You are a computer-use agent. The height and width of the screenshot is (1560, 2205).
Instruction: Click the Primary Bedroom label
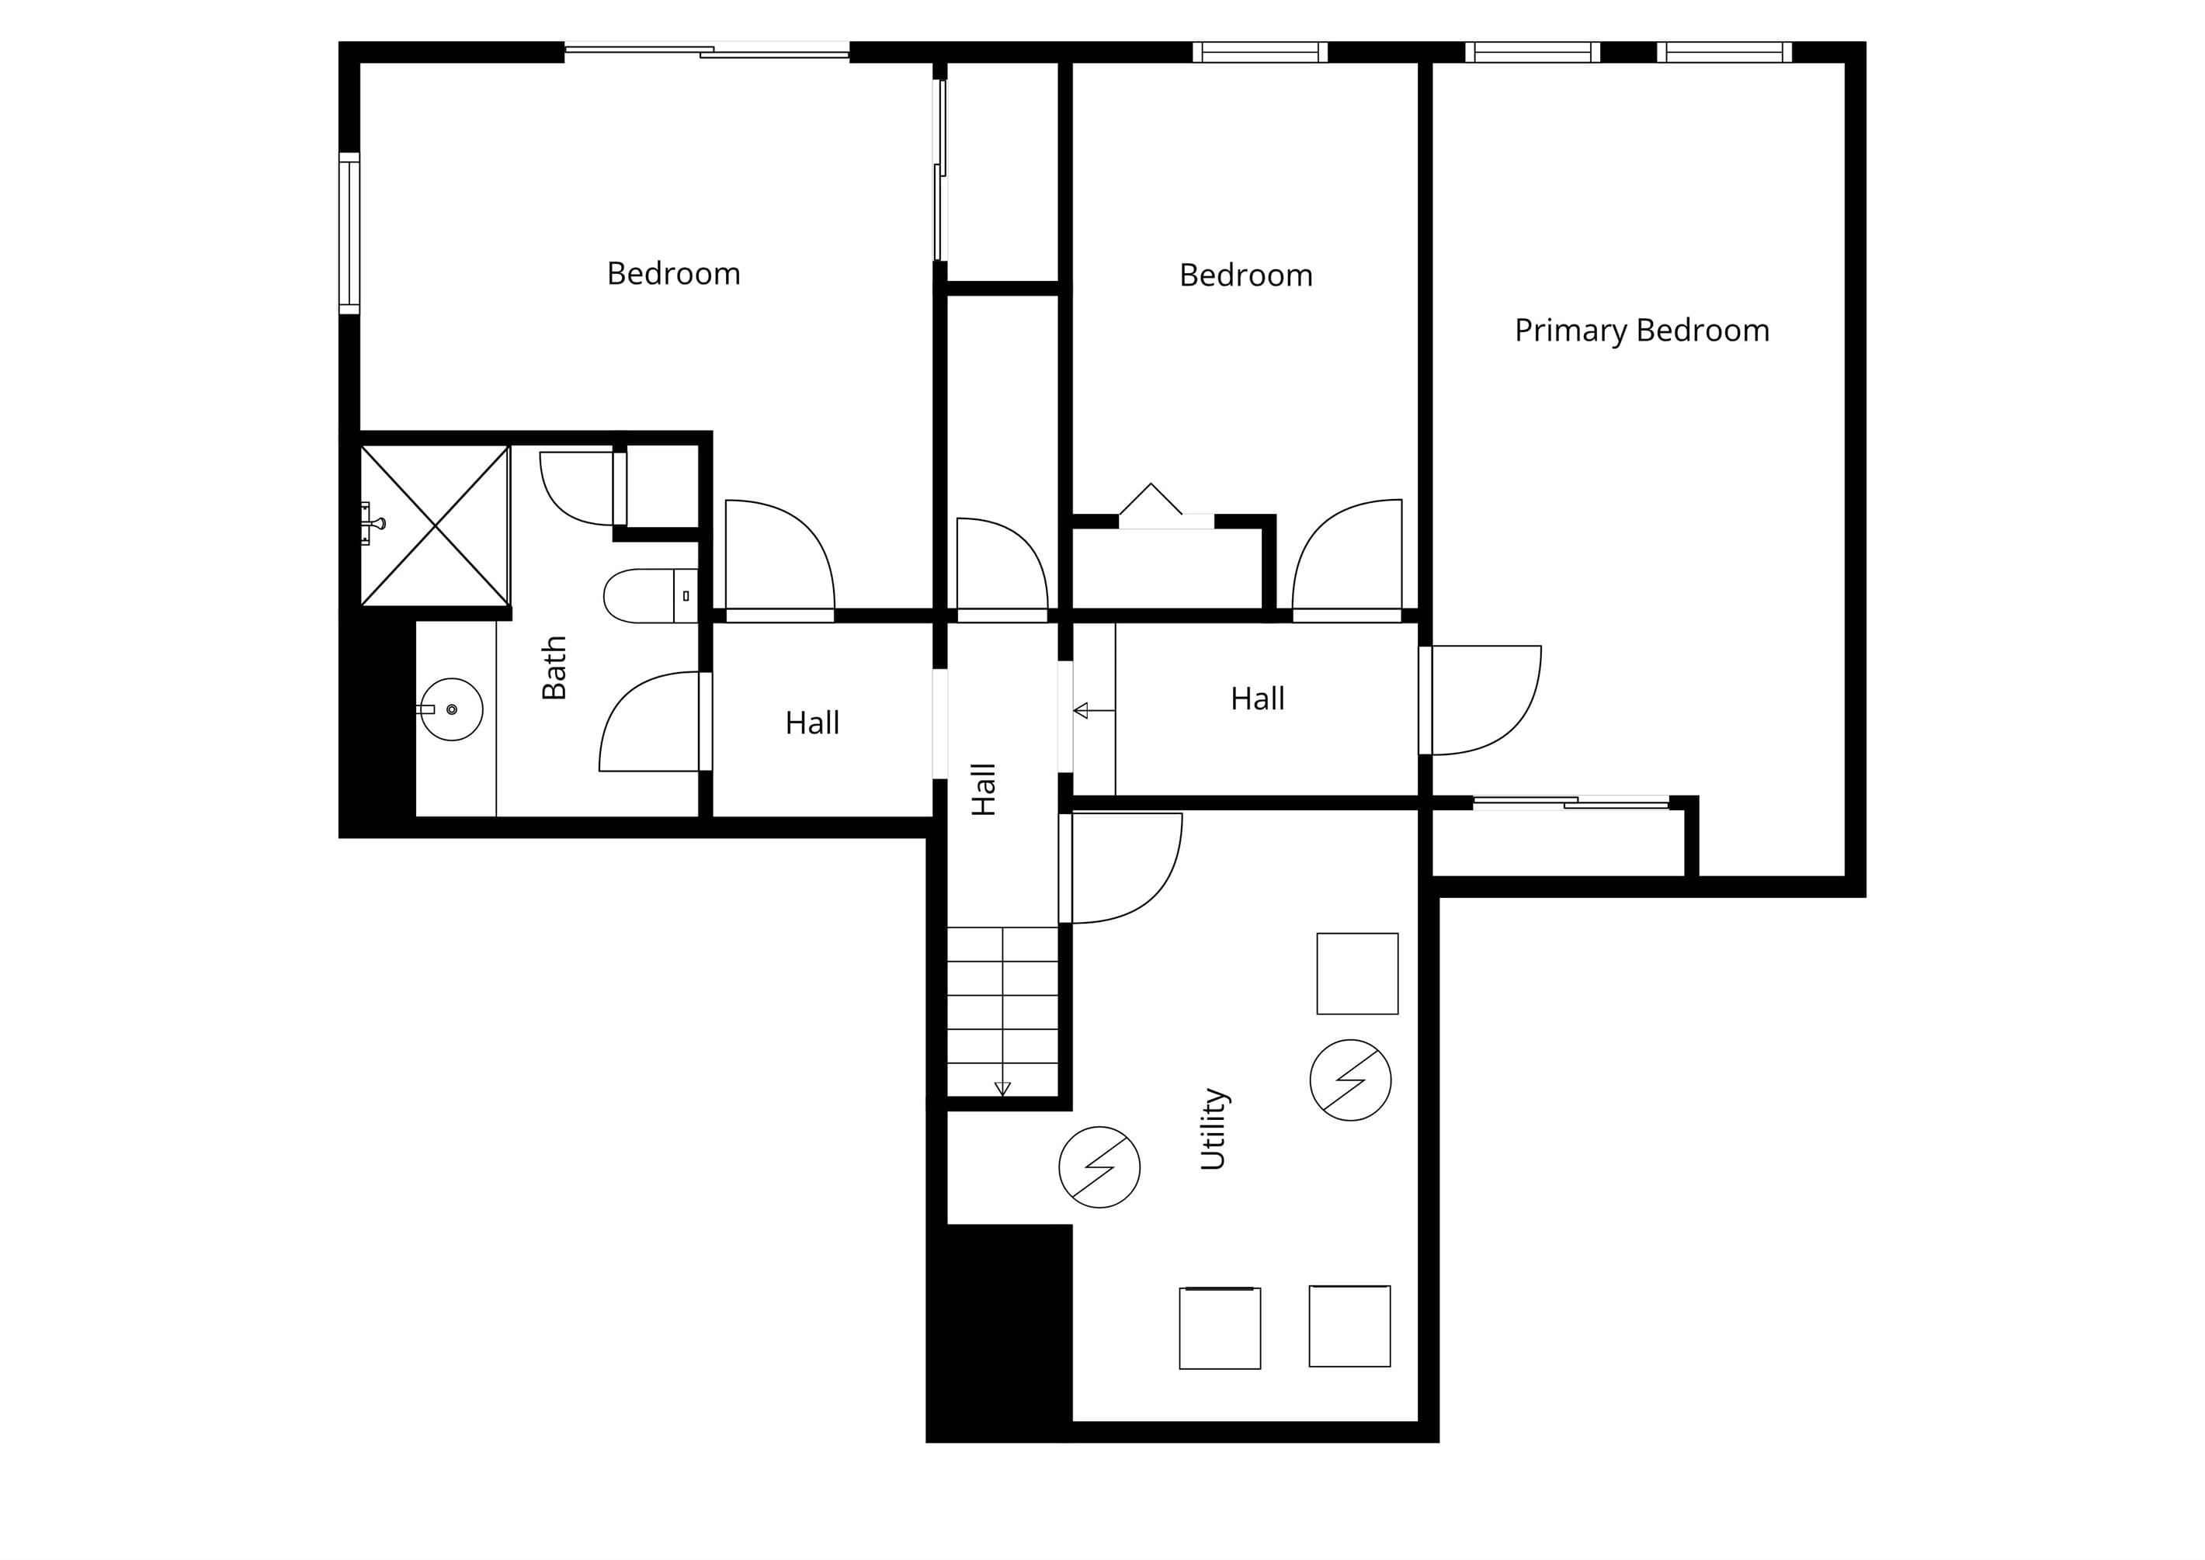tap(1641, 331)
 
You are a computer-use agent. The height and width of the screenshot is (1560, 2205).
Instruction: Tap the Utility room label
tap(1214, 1128)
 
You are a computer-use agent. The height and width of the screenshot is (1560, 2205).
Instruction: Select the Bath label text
tap(554, 667)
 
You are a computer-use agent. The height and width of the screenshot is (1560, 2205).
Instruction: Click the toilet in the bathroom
tap(650, 595)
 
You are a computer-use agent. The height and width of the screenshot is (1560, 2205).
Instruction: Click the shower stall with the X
tap(436, 525)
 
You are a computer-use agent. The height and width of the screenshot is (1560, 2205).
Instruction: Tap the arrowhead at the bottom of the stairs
tap(1002, 1088)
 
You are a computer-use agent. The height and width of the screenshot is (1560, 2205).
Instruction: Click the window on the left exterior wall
tap(349, 234)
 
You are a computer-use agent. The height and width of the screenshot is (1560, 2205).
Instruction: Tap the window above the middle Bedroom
tap(1259, 52)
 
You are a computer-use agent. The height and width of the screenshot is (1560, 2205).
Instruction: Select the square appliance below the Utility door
tap(1356, 973)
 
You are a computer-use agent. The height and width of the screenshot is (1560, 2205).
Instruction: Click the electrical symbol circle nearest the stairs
tap(1099, 1167)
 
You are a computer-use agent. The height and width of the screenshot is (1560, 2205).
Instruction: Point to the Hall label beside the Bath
tap(812, 723)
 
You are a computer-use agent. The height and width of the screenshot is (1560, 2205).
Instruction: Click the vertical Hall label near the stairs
tap(983, 789)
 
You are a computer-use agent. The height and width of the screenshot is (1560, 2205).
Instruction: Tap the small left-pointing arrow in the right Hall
tap(1093, 711)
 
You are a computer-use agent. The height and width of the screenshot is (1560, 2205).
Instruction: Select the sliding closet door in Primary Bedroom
tap(1571, 802)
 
